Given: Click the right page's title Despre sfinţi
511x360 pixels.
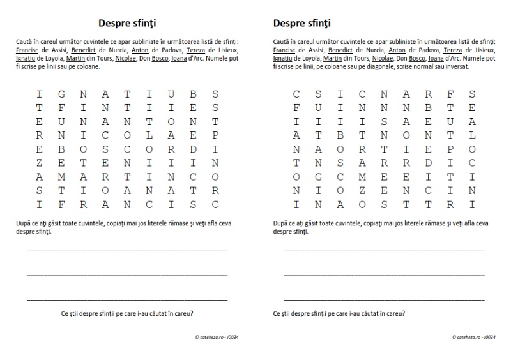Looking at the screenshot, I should tap(301, 23).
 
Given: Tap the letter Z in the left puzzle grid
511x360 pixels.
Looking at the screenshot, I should tap(40, 162).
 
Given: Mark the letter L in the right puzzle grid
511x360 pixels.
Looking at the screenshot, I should tap(471, 135).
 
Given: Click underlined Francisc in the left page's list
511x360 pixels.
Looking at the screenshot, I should tap(29, 49).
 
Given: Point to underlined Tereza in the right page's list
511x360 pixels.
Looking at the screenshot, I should tap(452, 49).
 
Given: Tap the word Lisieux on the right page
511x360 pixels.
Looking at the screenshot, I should tap(483, 49).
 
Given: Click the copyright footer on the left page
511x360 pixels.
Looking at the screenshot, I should tap(221, 336).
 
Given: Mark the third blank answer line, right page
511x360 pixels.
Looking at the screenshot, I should tap(384, 298).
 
